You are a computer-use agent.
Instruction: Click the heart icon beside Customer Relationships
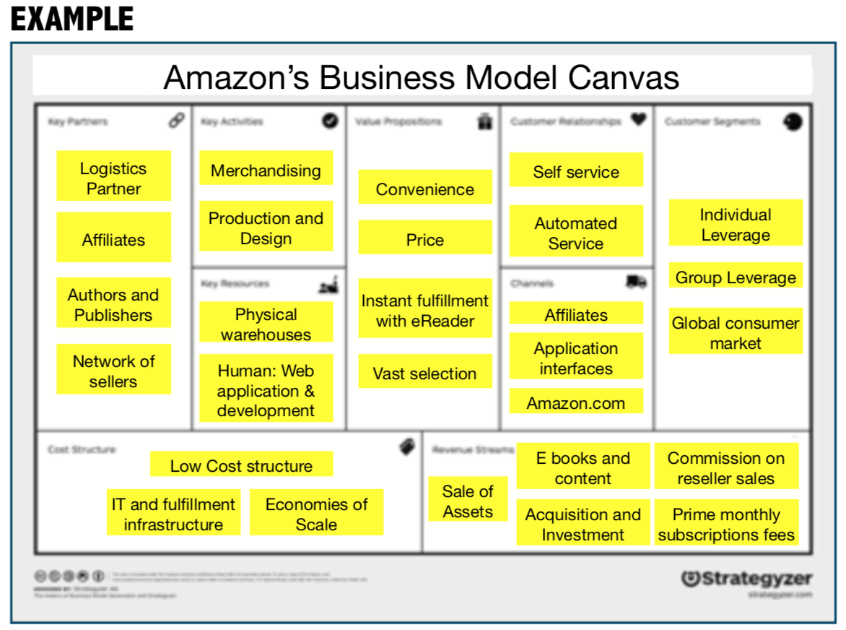click(x=638, y=120)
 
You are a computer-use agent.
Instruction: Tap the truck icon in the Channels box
click(x=635, y=282)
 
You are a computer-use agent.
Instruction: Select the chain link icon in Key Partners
click(x=176, y=121)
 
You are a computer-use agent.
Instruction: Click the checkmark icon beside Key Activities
click(x=330, y=121)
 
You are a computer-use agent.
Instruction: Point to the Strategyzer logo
click(x=746, y=579)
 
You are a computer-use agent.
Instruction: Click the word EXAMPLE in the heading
click(x=72, y=19)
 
